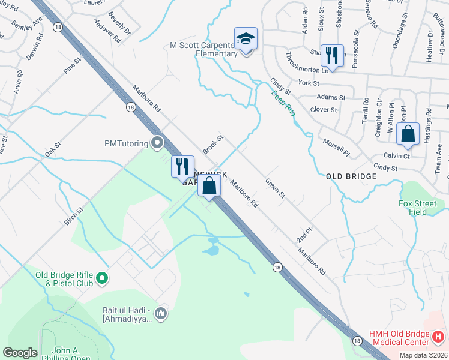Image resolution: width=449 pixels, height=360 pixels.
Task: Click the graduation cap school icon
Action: pos(246,39)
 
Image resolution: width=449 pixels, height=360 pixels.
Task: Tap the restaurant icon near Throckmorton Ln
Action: pos(332,56)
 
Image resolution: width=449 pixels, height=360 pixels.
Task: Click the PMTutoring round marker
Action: pos(158,143)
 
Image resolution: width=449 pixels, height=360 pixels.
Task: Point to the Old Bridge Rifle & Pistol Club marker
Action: pos(101,278)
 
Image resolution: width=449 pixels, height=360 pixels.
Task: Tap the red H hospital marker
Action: pos(438,337)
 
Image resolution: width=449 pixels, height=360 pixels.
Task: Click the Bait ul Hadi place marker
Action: pos(160,313)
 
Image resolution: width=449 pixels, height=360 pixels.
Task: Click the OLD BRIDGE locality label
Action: pos(351,176)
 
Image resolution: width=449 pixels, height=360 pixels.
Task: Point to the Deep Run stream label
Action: pos(283,103)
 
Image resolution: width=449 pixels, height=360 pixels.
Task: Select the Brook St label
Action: pos(213,145)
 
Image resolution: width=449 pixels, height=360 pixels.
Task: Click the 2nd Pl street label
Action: pos(304,235)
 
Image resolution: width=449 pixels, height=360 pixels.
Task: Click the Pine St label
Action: pos(72,65)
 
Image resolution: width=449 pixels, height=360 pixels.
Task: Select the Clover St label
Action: pos(324,110)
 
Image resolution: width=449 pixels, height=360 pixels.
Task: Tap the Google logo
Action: pos(20,353)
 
